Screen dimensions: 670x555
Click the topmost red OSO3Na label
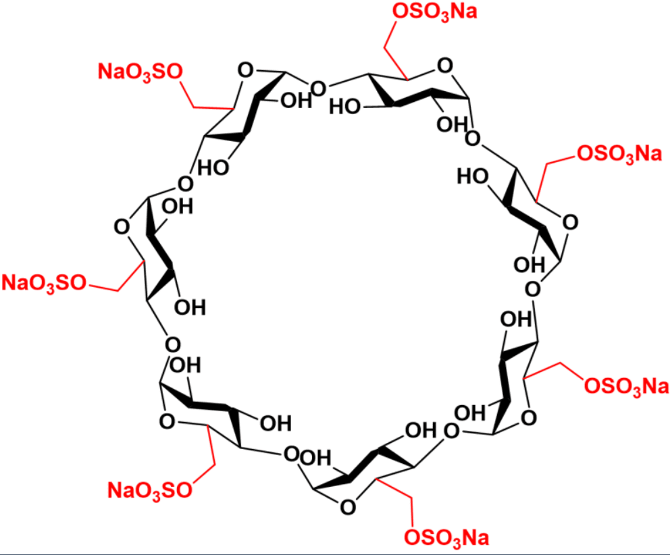pyautogui.click(x=434, y=12)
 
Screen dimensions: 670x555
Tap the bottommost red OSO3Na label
pyautogui.click(x=446, y=537)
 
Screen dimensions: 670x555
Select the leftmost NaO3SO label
pyautogui.click(x=44, y=284)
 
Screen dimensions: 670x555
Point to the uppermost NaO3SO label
pyautogui.click(x=140, y=72)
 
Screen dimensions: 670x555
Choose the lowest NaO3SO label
pyautogui.click(x=149, y=490)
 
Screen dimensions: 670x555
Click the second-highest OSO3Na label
pyautogui.click(x=619, y=154)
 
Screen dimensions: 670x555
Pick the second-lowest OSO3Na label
pyautogui.click(x=626, y=387)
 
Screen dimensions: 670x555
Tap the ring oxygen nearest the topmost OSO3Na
pyautogui.click(x=445, y=66)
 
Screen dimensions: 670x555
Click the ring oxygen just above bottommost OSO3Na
pyautogui.click(x=348, y=507)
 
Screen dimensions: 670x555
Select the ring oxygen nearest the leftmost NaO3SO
pyautogui.click(x=122, y=226)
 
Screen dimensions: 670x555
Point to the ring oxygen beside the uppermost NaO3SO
pyautogui.click(x=245, y=70)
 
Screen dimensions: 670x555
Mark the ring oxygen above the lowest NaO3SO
pyautogui.click(x=167, y=422)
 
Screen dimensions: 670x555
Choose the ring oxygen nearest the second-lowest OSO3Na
pyautogui.click(x=529, y=417)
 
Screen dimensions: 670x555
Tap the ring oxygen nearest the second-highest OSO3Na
pyautogui.click(x=570, y=223)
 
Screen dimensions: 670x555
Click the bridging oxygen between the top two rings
pyautogui.click(x=318, y=89)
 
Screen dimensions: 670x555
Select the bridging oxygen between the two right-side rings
pyautogui.click(x=532, y=290)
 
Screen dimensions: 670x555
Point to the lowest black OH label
pyautogui.click(x=315, y=458)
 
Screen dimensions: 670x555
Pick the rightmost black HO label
pyautogui.click(x=473, y=176)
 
